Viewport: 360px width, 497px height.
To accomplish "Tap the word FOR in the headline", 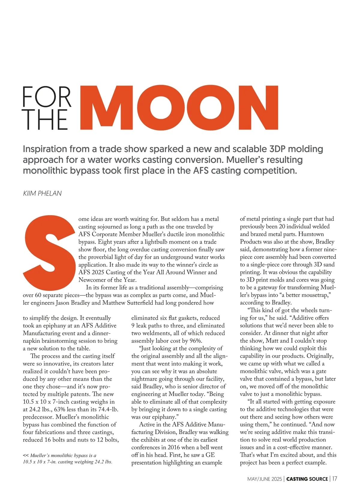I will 47,97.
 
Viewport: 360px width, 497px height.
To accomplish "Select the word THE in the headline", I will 45,120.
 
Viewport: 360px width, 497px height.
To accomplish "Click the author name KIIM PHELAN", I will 42,193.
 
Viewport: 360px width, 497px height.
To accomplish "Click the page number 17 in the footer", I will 334,479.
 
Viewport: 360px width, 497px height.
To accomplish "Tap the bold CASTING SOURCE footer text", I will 307,479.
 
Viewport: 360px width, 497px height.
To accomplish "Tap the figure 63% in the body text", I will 61,409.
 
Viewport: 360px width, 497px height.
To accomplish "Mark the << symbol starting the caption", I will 26,455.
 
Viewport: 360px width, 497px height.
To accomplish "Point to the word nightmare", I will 146,379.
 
